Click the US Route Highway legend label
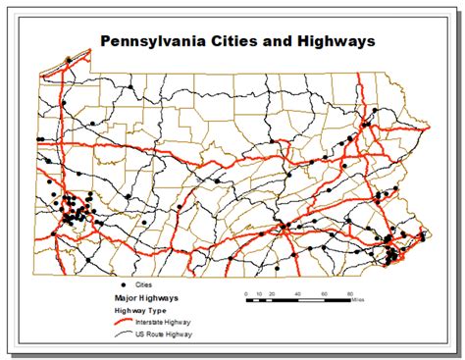point(169,334)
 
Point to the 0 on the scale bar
point(242,294)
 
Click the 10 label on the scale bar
point(256,294)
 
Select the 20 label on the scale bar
point(270,294)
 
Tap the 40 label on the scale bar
point(296,294)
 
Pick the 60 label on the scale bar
point(323,294)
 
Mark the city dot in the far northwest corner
point(67,61)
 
